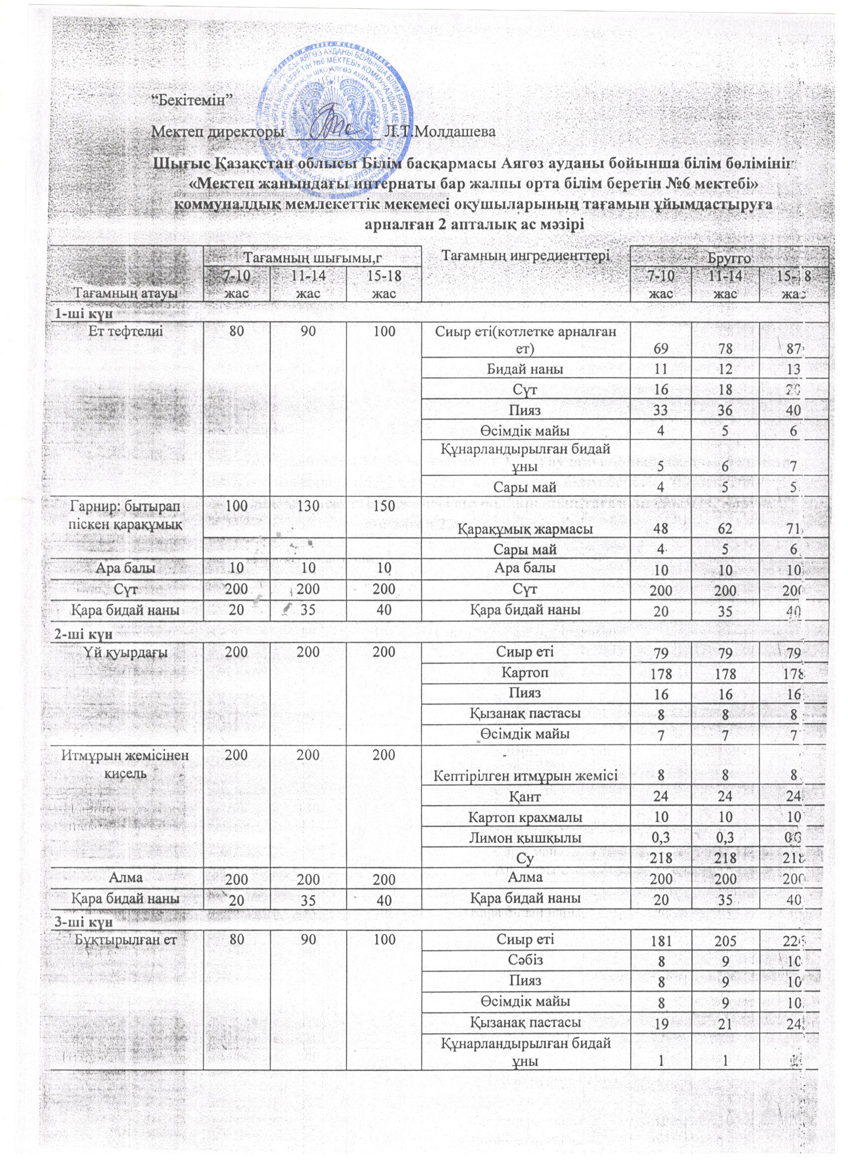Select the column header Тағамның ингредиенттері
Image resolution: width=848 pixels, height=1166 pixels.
coord(525,253)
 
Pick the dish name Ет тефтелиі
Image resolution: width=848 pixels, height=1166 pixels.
coord(126,332)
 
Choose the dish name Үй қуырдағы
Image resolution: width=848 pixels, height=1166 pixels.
coord(126,653)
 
